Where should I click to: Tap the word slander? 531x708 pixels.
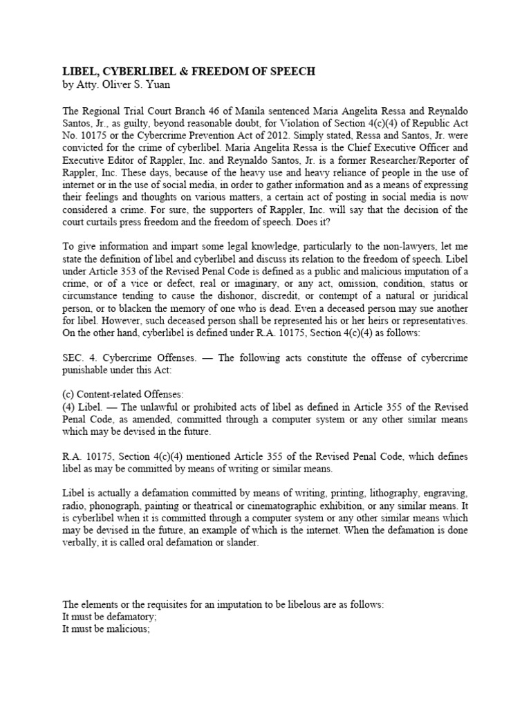[241, 543]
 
